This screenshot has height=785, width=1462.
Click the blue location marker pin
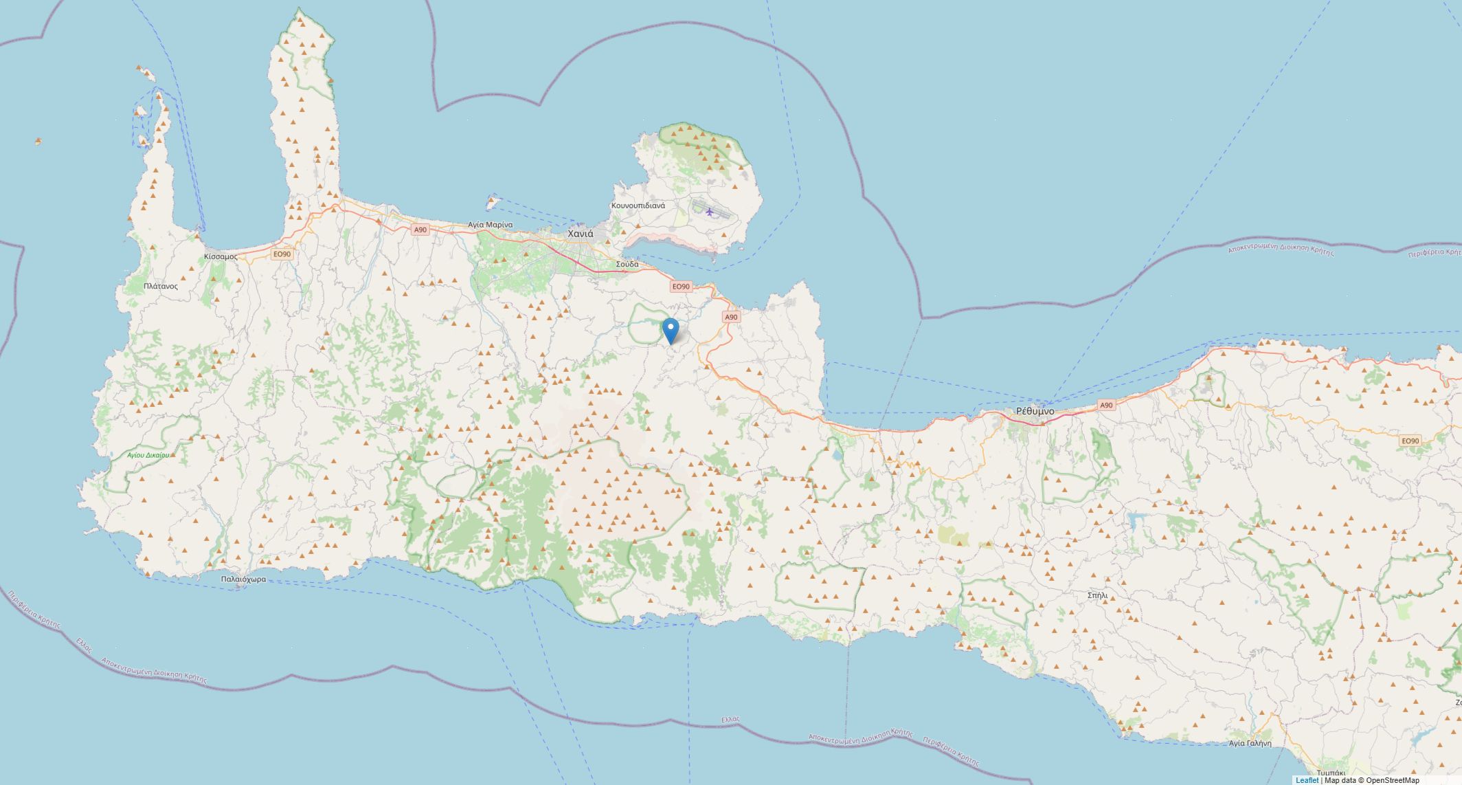coord(670,331)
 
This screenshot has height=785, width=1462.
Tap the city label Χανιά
coord(581,234)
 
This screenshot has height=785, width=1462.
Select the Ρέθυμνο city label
coord(1035,411)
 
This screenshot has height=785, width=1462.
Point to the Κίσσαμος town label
coord(221,256)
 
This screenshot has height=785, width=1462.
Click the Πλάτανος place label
coord(161,286)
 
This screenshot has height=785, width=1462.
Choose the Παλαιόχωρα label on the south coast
coord(243,579)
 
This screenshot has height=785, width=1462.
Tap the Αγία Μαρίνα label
coord(490,225)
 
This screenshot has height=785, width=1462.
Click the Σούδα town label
coord(627,264)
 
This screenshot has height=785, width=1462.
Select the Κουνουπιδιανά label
coord(638,206)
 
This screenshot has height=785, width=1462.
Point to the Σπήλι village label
coord(1098,595)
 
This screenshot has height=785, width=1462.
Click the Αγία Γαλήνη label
coord(1250,743)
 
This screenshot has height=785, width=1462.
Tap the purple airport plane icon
coord(709,212)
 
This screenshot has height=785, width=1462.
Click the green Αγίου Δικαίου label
coord(148,455)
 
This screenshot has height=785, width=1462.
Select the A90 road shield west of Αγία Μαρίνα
coord(420,230)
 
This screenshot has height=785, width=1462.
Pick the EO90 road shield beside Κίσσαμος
coord(282,254)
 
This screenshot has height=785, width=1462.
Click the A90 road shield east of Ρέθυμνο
coord(1105,406)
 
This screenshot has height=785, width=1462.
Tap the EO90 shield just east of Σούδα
coord(680,287)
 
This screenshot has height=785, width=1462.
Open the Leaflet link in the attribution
coord(1307,780)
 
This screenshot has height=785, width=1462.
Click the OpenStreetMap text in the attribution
coord(1392,780)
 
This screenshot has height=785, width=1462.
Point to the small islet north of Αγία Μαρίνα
coord(491,203)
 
